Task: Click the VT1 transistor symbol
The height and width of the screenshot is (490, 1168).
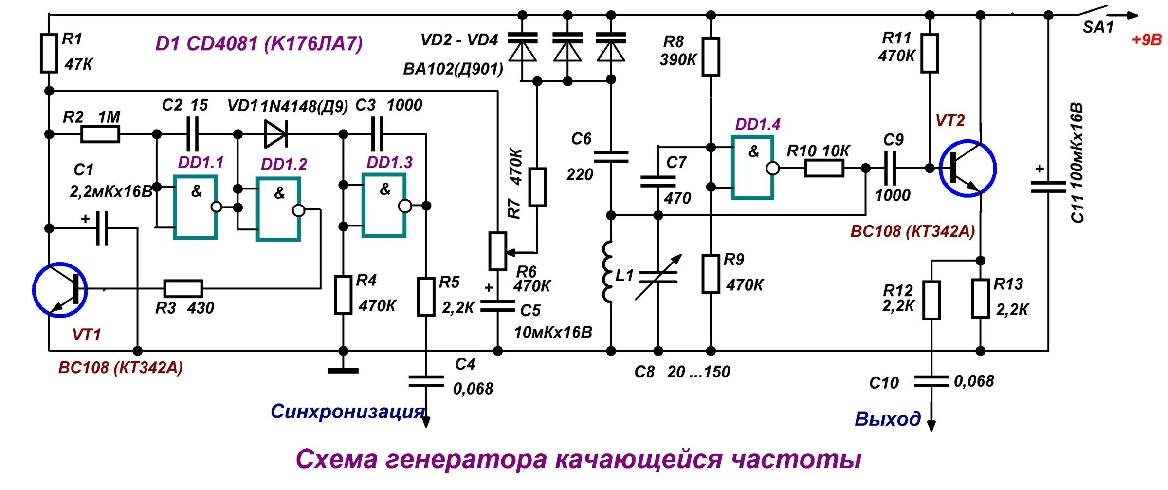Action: coord(60,290)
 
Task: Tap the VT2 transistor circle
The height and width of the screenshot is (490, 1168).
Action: coord(967,168)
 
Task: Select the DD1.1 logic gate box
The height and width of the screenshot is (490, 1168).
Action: coord(195,207)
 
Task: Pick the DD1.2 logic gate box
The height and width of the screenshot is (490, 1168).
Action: coord(278,209)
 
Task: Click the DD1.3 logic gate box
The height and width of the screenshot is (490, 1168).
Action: coord(383,206)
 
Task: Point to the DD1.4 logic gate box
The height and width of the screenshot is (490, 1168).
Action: coord(752,168)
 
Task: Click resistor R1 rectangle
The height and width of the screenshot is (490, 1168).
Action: coord(49,53)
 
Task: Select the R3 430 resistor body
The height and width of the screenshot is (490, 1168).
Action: coord(183,289)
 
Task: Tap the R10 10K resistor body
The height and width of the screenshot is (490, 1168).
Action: coord(824,169)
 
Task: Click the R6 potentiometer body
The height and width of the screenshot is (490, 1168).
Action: coord(497,251)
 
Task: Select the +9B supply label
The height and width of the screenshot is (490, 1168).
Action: coord(1147,40)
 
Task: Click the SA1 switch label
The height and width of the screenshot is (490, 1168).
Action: coord(1098,28)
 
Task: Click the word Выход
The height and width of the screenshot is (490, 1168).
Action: coord(888,419)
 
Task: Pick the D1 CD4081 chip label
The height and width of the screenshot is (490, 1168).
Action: coord(259,44)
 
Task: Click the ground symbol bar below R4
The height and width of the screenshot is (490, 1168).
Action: coord(343,371)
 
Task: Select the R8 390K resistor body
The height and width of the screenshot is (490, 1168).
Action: coord(711,57)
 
